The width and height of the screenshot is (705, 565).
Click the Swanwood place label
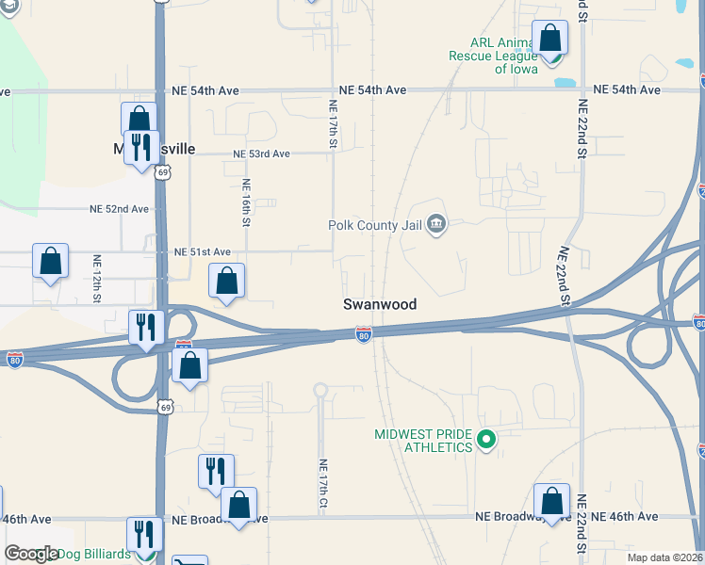click(379, 305)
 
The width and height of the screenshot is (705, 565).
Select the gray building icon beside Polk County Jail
click(435, 224)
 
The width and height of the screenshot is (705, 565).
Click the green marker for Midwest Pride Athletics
click(486, 439)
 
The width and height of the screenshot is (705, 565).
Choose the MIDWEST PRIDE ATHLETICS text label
click(423, 441)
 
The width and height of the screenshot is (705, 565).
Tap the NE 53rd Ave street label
click(262, 153)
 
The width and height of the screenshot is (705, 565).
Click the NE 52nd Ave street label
click(119, 209)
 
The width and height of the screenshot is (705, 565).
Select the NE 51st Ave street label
click(202, 252)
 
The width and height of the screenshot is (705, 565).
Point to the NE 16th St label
click(245, 202)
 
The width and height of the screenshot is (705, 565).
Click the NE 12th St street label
click(97, 278)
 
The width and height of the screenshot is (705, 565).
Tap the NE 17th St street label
click(333, 124)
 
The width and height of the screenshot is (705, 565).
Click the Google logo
click(31, 554)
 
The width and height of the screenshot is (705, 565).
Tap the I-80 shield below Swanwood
click(364, 334)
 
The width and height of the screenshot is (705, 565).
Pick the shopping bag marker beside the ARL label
click(550, 39)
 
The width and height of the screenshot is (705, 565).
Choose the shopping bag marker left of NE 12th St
click(51, 262)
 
